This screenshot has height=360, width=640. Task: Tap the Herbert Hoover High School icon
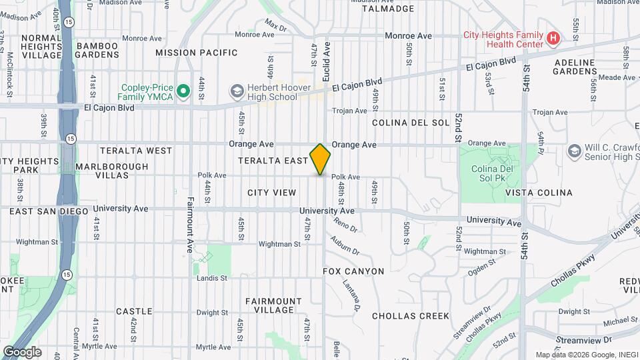236,90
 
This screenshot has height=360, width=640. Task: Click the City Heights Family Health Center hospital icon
552,39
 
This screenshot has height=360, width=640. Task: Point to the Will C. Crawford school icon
573,152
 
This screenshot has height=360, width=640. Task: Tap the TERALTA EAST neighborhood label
273,161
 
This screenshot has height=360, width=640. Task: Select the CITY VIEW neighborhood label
271,193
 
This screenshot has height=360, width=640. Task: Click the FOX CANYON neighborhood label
353,271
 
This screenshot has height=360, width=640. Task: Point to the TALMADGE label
387,9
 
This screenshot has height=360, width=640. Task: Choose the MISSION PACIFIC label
196,53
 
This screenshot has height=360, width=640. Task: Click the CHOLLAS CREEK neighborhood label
410,316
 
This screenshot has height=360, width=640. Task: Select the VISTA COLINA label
539,193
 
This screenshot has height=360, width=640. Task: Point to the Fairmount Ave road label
190,223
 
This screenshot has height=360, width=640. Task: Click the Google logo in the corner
22,351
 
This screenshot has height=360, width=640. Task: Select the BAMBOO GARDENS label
97,50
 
